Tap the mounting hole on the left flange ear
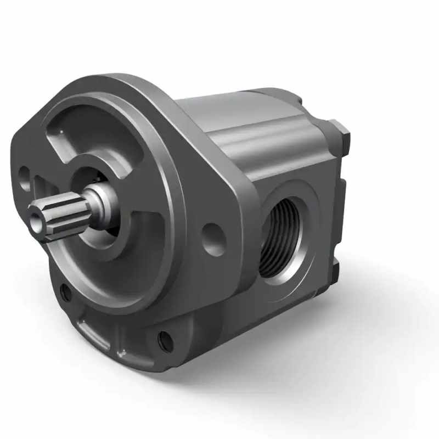point(25,177)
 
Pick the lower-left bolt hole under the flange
point(65,293)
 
